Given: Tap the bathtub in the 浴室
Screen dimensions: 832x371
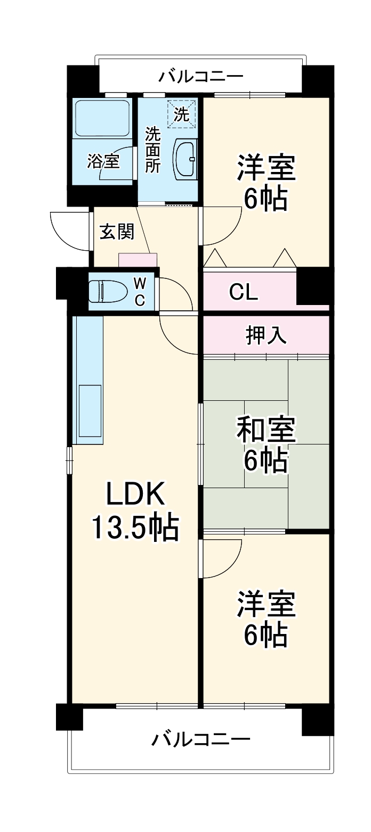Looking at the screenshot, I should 102,118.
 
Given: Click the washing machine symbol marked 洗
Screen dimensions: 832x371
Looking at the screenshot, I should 182,113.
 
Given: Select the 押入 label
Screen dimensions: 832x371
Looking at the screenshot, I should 266,334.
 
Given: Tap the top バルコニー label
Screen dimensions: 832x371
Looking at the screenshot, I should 200,77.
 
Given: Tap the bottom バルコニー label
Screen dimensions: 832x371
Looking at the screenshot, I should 200,739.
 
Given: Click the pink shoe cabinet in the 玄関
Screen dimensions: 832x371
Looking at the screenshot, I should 138,260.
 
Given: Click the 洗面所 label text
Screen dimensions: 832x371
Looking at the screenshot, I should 153,149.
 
